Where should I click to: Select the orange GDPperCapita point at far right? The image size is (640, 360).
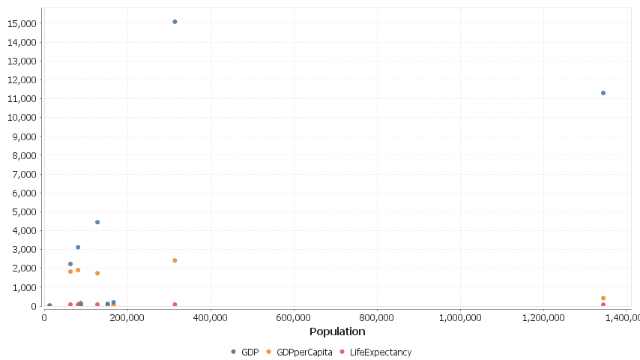603,298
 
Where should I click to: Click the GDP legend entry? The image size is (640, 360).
245,352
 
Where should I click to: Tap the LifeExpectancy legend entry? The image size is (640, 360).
375,352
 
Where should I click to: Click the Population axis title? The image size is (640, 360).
337,331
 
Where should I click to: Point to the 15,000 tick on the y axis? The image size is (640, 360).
22,23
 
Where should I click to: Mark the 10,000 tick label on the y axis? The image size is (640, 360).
22,118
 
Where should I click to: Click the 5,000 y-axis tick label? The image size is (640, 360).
24,211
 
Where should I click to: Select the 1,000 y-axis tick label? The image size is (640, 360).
24,287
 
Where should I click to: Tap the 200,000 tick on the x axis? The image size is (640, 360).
127,317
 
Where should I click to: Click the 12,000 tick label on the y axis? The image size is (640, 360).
22,80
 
